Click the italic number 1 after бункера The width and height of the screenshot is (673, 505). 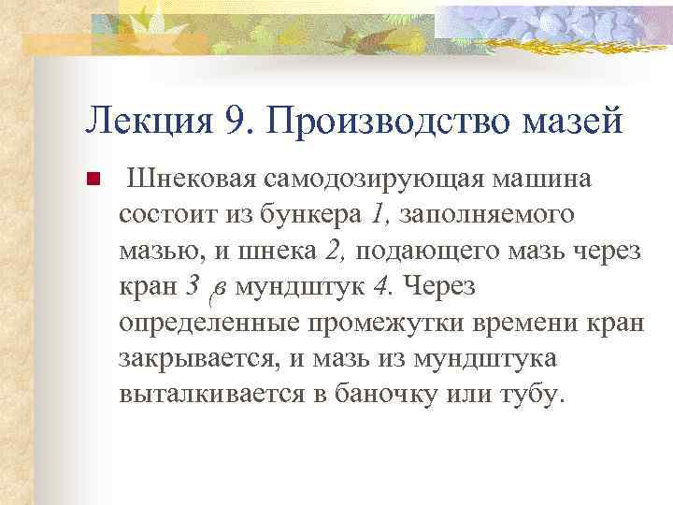click(x=377, y=214)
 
